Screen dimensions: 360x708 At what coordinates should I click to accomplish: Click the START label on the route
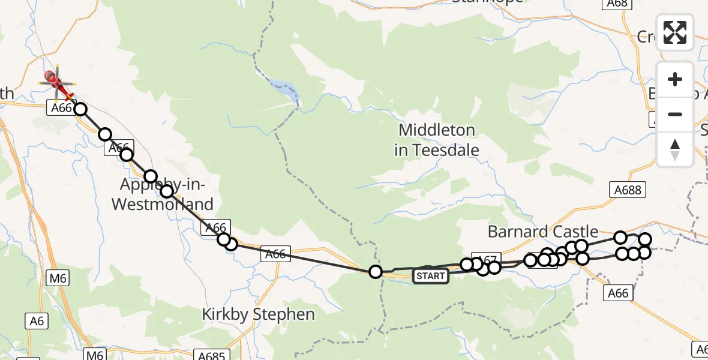[430, 276]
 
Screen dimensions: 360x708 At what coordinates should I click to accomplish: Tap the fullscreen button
[675, 32]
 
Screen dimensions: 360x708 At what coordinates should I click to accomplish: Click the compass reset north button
[675, 149]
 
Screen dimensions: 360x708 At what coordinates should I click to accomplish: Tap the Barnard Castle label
[543, 231]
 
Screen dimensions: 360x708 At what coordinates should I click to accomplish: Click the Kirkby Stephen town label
[258, 314]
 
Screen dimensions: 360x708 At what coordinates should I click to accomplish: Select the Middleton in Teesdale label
[437, 140]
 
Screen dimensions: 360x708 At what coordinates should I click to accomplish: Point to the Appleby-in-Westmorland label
[163, 194]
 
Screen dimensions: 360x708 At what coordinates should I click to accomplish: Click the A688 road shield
[628, 190]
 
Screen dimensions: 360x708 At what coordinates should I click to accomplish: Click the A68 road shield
[617, 4]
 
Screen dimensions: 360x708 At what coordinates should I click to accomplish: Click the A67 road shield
[487, 260]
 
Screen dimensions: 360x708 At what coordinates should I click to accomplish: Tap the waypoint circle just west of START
[376, 272]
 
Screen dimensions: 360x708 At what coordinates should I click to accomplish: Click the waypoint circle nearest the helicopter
[80, 109]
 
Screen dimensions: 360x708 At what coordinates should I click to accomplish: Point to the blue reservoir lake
[284, 91]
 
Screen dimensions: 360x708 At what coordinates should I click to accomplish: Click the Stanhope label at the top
[487, 2]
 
